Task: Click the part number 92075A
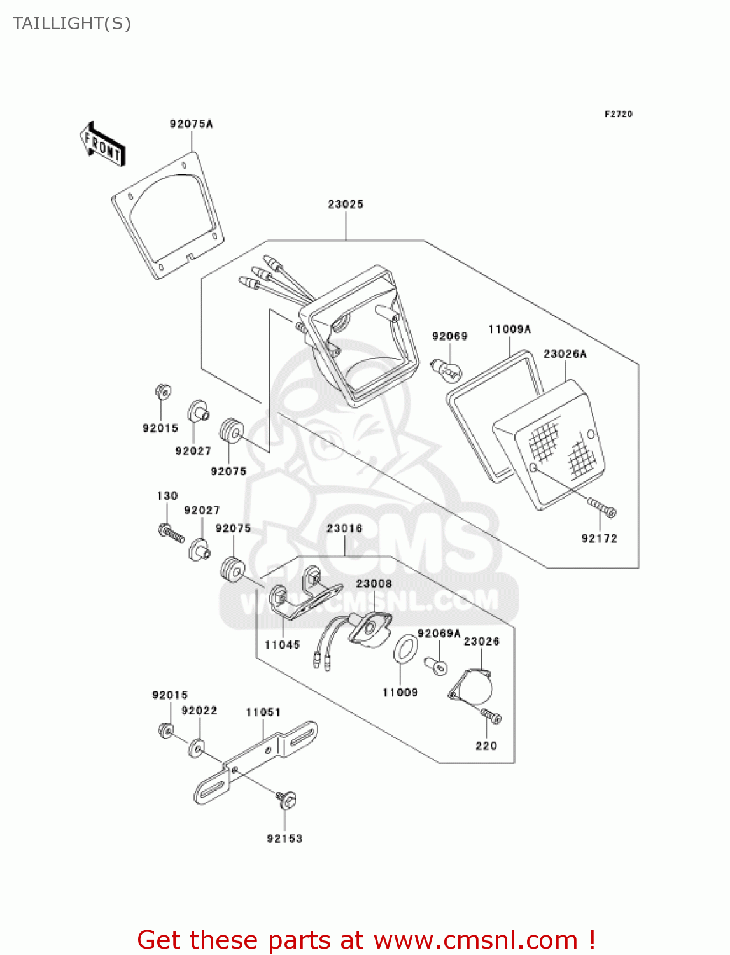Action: tap(191, 124)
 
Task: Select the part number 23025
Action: tap(346, 204)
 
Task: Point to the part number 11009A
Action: tap(509, 329)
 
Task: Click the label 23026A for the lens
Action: tap(565, 354)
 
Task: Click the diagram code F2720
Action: tap(618, 114)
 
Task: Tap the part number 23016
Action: tap(344, 528)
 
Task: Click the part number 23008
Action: tap(374, 584)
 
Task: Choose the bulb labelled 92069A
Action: tap(437, 666)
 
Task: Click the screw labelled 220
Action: tap(491, 716)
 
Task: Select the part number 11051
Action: tap(263, 712)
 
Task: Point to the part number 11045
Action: tap(282, 645)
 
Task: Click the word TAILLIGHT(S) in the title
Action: tap(72, 24)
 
